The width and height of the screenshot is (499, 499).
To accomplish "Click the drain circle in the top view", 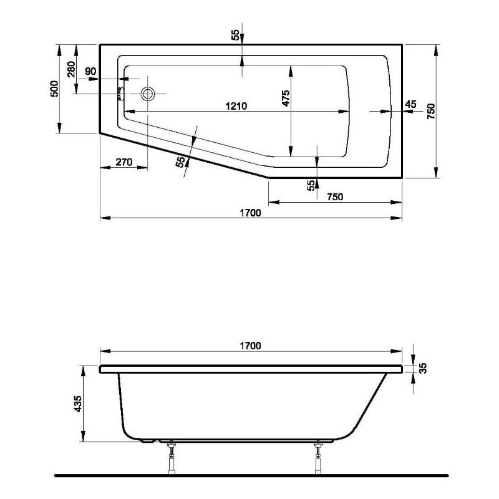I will tap(148, 94).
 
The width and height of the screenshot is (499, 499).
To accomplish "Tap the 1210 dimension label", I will tap(236, 106).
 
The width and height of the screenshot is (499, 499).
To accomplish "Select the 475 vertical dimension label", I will tap(285, 100).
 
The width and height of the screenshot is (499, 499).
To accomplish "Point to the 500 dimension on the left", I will tap(54, 89).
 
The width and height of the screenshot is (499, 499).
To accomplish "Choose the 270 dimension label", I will tap(124, 162).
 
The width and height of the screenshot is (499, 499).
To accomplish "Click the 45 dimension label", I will tap(410, 104).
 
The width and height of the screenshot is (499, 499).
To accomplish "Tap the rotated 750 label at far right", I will tap(430, 110).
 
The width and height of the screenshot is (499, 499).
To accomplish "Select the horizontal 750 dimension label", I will tap(335, 196).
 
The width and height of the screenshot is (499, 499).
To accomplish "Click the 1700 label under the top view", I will tap(249, 213).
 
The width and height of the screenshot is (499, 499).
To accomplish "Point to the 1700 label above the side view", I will tap(249, 345).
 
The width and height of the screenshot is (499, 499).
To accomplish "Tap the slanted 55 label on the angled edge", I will tap(180, 162).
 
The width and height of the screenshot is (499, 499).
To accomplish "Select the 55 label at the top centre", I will tap(235, 35).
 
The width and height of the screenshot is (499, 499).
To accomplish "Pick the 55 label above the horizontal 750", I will tap(310, 185).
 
